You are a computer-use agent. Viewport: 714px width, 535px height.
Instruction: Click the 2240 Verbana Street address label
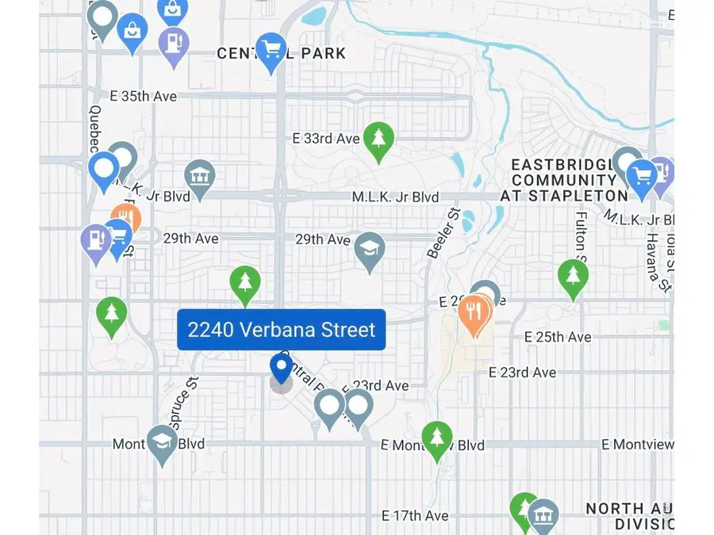point(282,329)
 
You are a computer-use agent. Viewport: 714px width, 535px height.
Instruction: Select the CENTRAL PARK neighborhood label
point(282,54)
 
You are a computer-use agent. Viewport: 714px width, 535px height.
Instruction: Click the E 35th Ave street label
point(143,96)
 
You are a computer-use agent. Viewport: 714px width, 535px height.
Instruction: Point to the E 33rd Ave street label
point(325,138)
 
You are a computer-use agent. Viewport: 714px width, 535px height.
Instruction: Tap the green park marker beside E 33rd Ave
point(379,139)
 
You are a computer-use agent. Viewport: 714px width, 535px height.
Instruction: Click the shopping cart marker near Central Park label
point(271,50)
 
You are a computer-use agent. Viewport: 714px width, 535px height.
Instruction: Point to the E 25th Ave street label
point(558,337)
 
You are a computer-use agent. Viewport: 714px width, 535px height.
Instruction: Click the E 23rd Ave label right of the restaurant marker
point(522,372)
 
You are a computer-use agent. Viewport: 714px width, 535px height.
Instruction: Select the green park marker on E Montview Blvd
point(436,438)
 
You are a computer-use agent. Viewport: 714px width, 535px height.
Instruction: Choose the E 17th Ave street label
point(415,516)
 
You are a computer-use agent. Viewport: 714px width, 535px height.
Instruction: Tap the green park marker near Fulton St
point(572,277)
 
